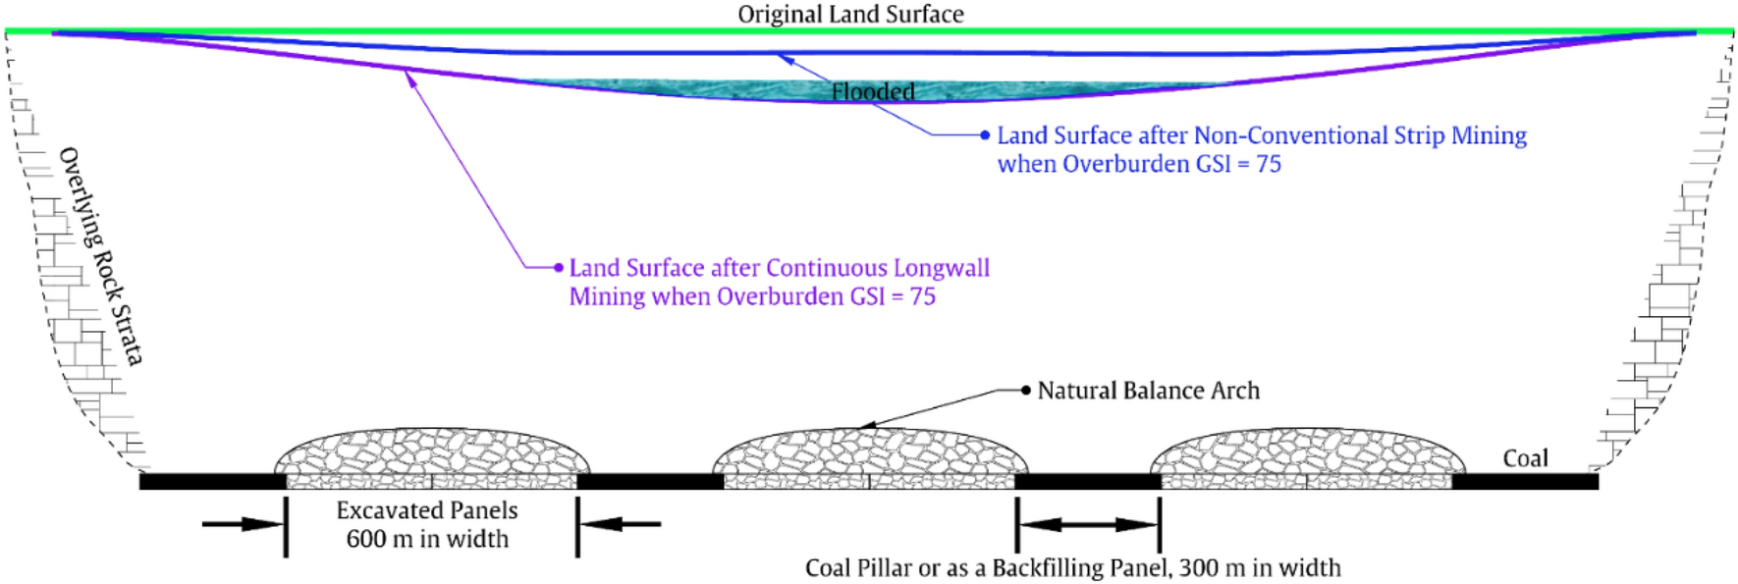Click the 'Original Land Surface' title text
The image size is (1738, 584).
tap(850, 14)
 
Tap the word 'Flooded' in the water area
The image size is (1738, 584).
tap(873, 91)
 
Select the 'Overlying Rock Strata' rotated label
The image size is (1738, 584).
tap(101, 256)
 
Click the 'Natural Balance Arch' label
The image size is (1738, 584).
tap(1148, 391)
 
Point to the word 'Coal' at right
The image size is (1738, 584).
tap(1525, 458)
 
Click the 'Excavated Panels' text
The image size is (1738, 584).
tap(427, 510)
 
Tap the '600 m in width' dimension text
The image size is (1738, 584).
tap(427, 539)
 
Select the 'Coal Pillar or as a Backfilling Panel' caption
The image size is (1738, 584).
tap(1072, 567)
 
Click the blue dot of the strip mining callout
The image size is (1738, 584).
tap(985, 134)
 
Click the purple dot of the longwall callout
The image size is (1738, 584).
tap(559, 267)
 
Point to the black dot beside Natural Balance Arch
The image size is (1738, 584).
tap(1026, 390)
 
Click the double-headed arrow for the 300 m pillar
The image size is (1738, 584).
tap(1089, 524)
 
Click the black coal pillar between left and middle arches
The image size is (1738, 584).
tap(650, 481)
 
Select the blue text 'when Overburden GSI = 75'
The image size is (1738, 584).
tap(1139, 164)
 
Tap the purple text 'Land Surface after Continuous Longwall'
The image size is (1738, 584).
tap(780, 268)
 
